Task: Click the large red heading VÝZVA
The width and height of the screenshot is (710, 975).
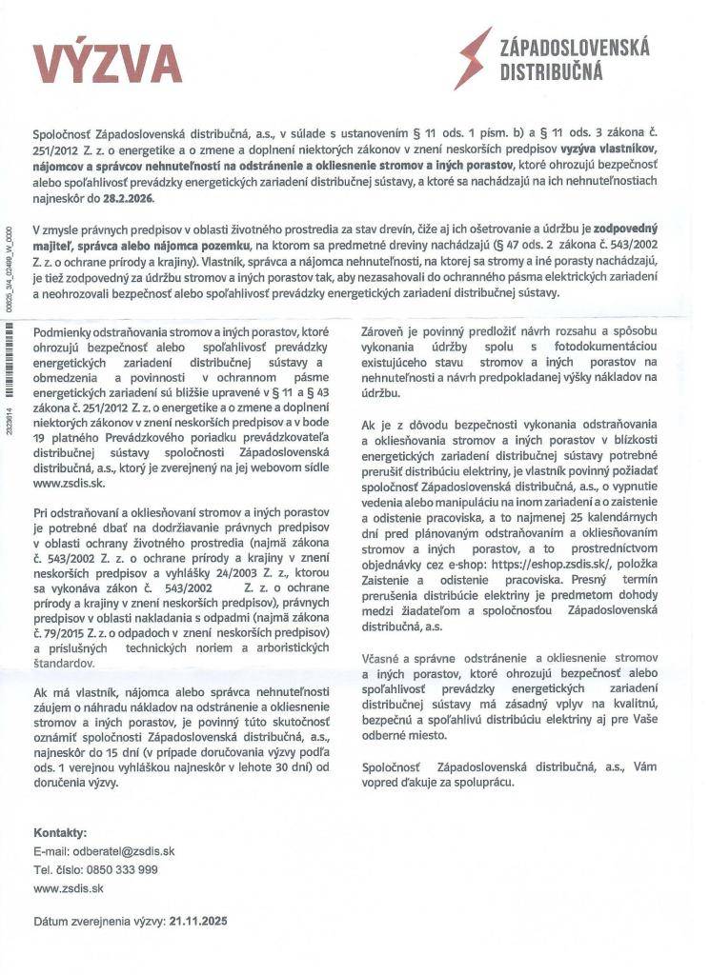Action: [108, 65]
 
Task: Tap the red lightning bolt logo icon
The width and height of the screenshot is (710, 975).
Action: [474, 57]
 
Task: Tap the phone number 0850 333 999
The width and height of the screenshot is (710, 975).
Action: [122, 869]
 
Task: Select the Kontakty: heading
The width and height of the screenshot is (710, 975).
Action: [60, 832]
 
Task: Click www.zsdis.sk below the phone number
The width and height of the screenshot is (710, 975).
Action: [68, 887]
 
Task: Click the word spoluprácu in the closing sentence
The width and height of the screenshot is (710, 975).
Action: [482, 783]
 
